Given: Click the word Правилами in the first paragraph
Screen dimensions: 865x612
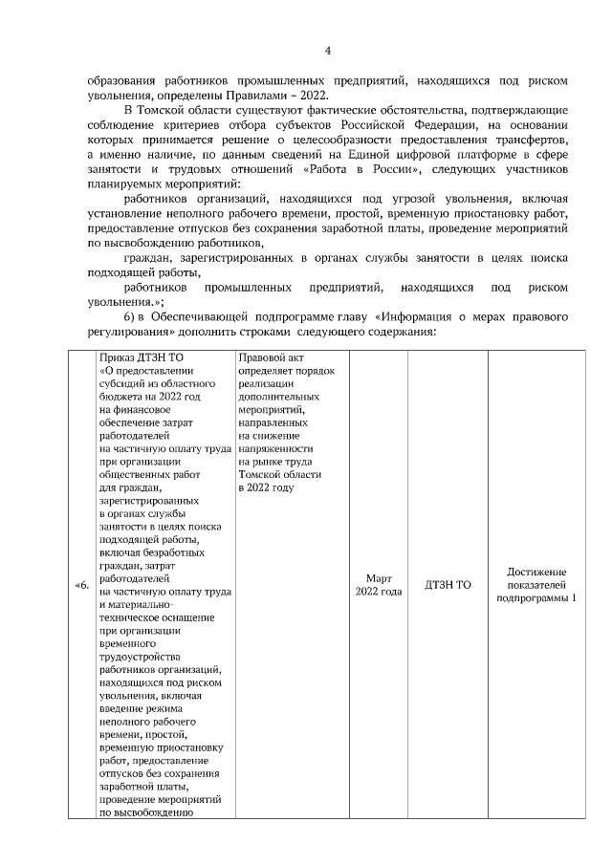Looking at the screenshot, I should (x=251, y=95).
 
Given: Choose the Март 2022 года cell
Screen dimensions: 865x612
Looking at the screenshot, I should (x=378, y=585).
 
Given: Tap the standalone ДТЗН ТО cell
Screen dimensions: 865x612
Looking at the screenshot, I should (x=448, y=585).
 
